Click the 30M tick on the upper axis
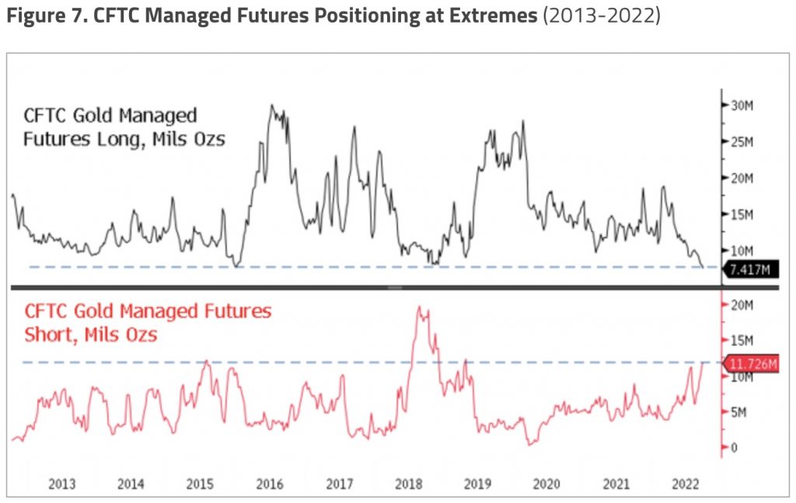point(739,106)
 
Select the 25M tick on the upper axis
point(739,141)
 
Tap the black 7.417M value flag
point(749,270)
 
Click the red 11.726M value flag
point(749,363)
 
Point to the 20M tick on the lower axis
point(739,304)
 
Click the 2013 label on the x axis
point(61,484)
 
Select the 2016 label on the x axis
point(270,484)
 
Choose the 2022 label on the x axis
point(683,484)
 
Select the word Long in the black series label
point(133,141)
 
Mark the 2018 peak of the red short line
point(420,308)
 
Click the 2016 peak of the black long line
point(271,106)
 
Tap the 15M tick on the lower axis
point(739,341)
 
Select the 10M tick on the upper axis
point(739,250)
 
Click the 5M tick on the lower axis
point(735,411)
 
